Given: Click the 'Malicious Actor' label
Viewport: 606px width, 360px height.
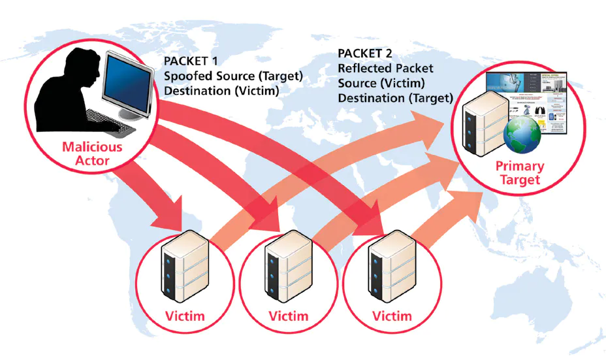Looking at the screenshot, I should point(92,154).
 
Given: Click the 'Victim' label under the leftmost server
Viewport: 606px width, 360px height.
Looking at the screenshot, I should point(185,317).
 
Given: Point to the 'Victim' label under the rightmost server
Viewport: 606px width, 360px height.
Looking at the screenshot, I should point(392,317).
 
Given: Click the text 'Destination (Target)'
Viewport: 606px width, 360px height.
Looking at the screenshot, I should point(395,98).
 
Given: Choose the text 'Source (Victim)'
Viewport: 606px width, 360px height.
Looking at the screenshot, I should point(381,83).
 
